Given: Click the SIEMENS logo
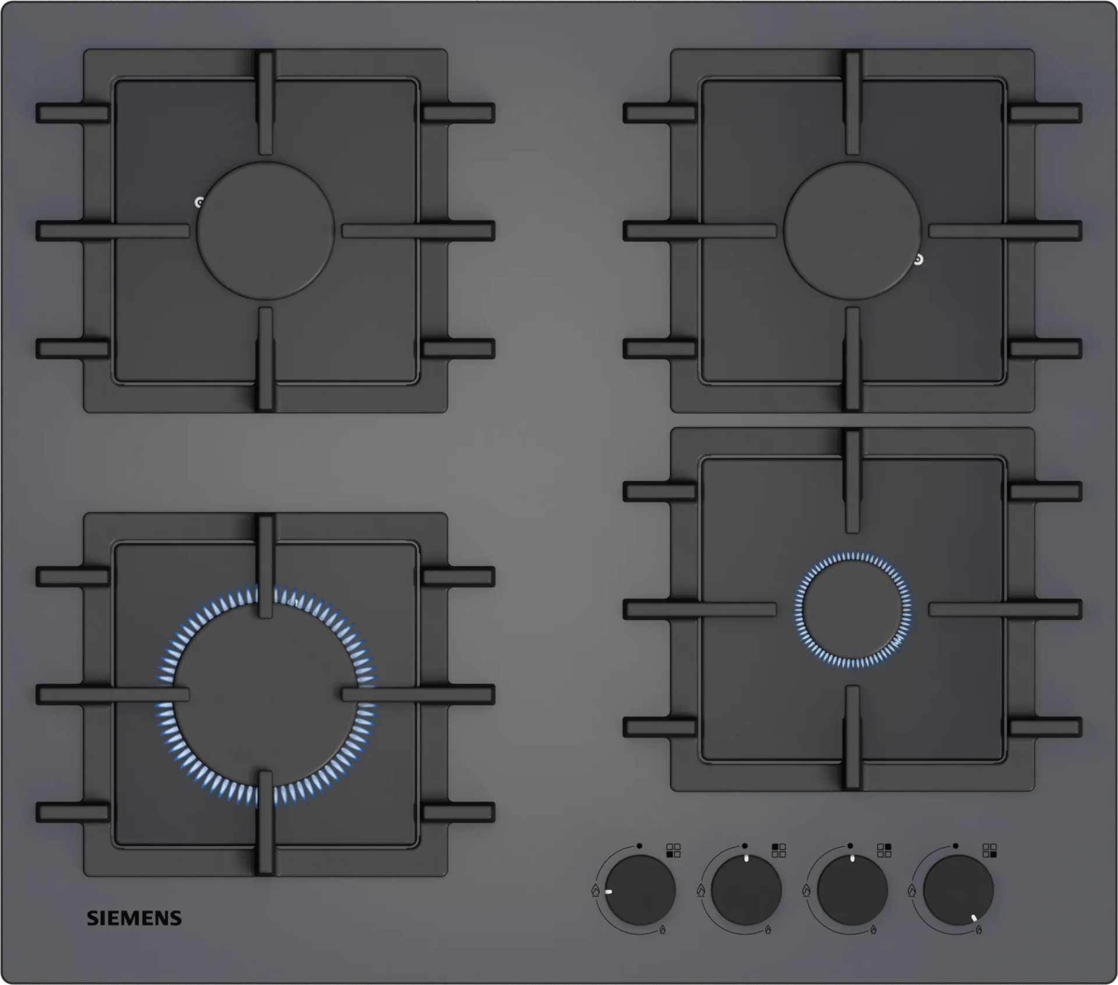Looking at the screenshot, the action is (x=134, y=918).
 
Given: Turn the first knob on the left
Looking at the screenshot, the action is (x=641, y=891).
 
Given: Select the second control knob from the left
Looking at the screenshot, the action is (x=746, y=891).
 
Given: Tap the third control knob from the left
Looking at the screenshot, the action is (x=852, y=891).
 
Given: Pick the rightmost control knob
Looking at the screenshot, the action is (x=958, y=891).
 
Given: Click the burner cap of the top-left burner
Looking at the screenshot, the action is (x=265, y=231).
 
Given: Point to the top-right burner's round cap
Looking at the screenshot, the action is (x=852, y=231).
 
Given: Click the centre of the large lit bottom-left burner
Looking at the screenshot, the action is (x=266, y=696).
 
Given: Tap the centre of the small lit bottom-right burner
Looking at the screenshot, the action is (x=852, y=609).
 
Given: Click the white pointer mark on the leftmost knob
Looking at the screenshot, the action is (x=608, y=891).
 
